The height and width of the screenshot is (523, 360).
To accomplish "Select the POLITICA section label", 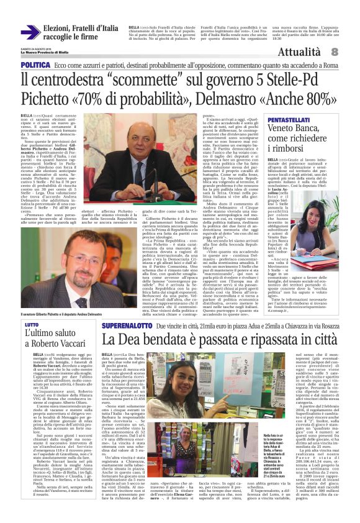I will (35, 65).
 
